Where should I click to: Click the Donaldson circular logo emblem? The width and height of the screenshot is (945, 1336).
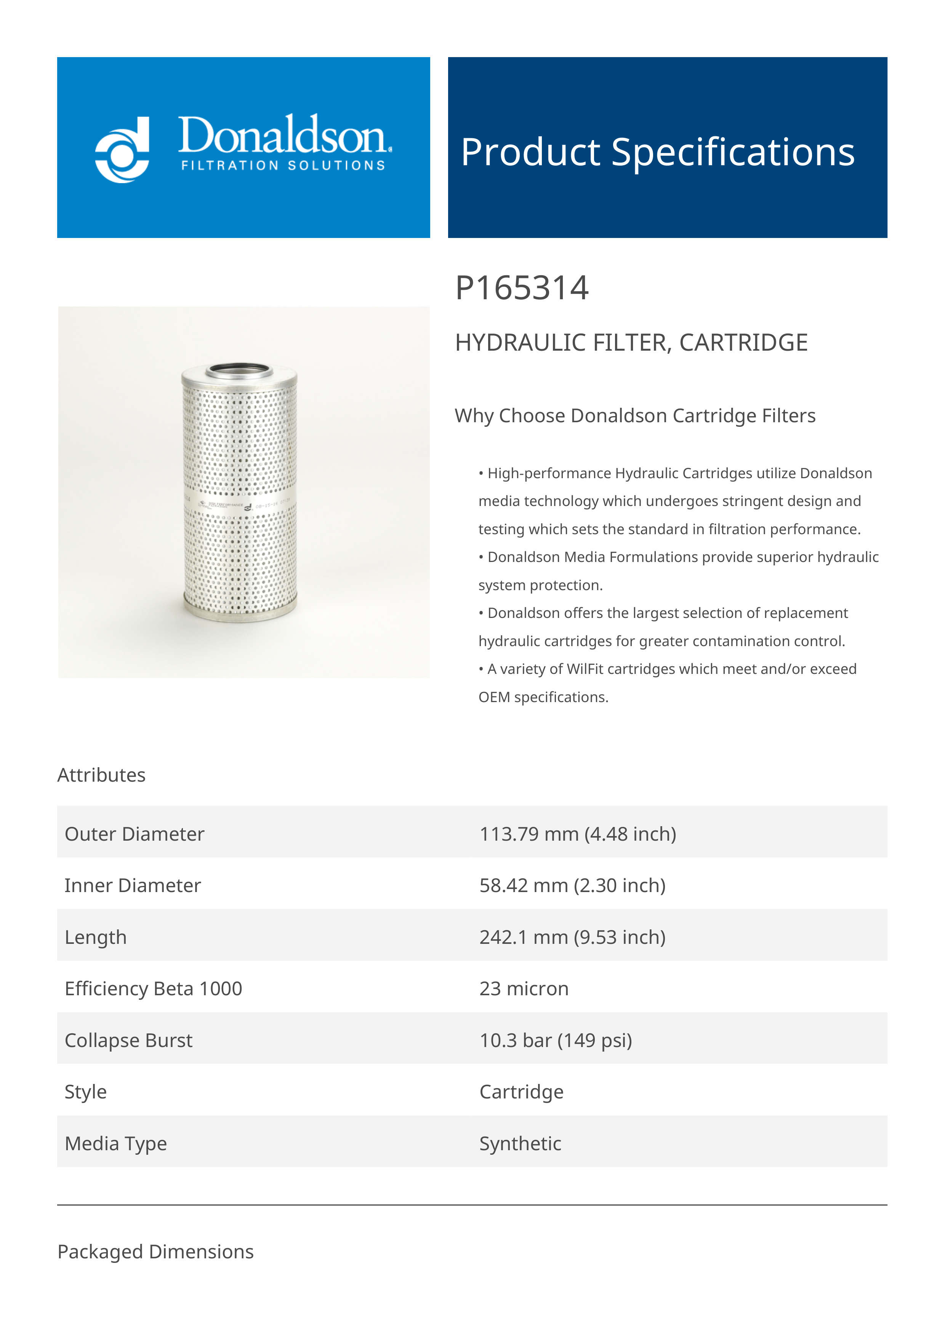[122, 150]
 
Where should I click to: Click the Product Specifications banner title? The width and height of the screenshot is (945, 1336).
[657, 152]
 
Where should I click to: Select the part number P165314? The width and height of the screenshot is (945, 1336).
[522, 288]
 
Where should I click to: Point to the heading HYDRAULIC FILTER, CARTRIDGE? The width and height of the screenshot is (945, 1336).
[631, 343]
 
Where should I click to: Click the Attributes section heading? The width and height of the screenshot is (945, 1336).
[101, 775]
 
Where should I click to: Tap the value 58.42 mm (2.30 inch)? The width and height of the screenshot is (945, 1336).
[572, 885]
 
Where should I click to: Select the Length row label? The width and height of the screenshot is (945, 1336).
[96, 937]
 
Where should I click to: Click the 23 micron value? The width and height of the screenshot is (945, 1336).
[524, 989]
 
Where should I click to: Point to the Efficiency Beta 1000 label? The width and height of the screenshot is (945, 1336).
[153, 989]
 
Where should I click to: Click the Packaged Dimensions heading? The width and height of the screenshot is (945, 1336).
[155, 1251]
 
